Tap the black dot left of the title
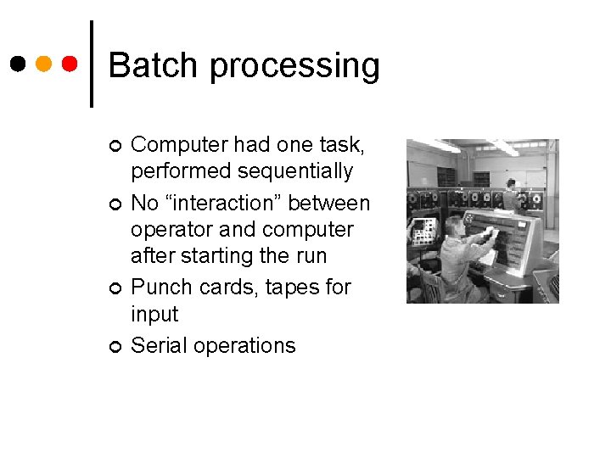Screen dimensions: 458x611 point(18,64)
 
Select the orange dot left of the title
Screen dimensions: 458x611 point(44,64)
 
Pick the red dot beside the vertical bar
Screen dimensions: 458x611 point(70,64)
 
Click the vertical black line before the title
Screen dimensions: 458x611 point(91,64)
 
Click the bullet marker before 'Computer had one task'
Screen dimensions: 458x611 point(114,145)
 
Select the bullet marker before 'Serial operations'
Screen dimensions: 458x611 point(114,346)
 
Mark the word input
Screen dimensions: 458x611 point(154,315)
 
